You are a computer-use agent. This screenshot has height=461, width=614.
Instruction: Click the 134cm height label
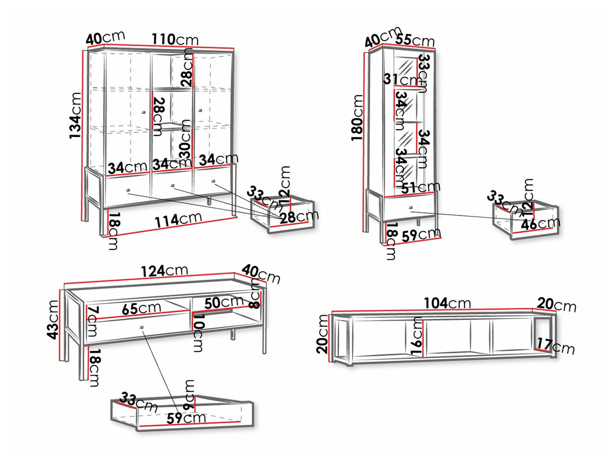click(76, 115)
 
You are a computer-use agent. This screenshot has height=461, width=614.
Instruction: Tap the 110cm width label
click(175, 40)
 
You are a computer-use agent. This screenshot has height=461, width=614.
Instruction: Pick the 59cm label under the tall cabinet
click(420, 234)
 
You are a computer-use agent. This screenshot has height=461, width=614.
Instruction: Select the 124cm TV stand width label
click(164, 271)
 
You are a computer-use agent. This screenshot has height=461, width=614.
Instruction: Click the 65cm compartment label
click(141, 309)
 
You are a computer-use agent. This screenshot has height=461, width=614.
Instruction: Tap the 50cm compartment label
click(225, 303)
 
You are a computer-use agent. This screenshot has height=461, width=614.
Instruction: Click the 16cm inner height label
click(417, 336)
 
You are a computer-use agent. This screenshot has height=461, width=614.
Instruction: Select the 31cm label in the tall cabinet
click(399, 80)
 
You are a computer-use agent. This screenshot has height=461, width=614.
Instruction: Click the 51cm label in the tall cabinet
click(421, 188)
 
